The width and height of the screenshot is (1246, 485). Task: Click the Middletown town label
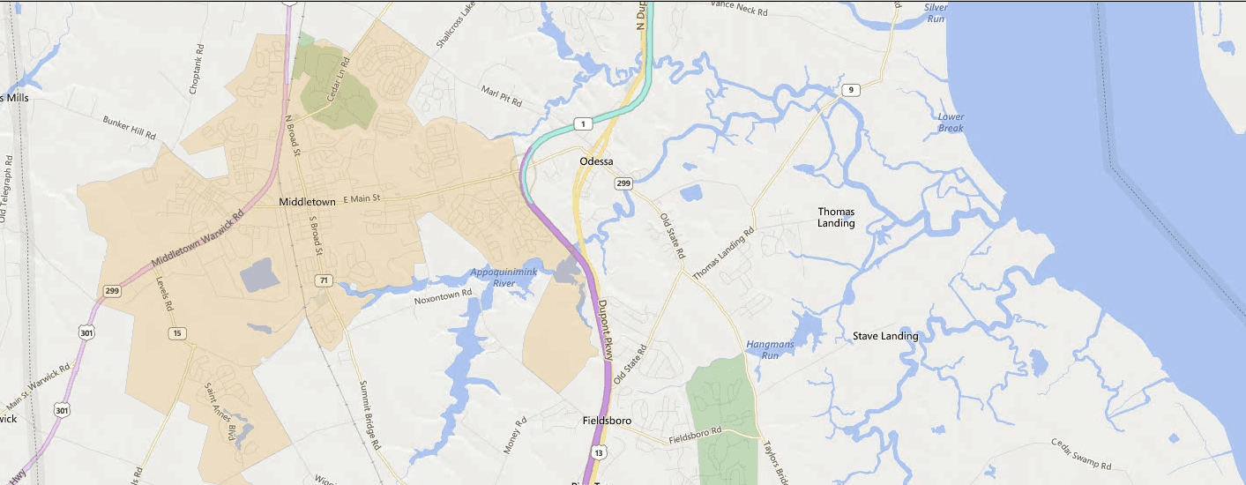click(307, 202)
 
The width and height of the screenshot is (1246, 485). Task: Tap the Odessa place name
click(596, 161)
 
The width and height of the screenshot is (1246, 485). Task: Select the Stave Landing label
click(885, 336)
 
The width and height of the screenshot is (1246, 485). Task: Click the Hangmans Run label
click(763, 349)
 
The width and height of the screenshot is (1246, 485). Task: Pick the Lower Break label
click(951, 123)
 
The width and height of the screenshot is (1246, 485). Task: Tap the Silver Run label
click(935, 12)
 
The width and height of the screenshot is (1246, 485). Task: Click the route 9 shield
click(850, 90)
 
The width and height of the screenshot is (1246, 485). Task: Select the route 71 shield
click(325, 280)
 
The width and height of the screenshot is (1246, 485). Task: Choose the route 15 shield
click(177, 332)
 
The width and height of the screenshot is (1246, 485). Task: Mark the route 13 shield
click(600, 452)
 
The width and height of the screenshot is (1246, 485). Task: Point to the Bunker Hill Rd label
click(129, 128)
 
